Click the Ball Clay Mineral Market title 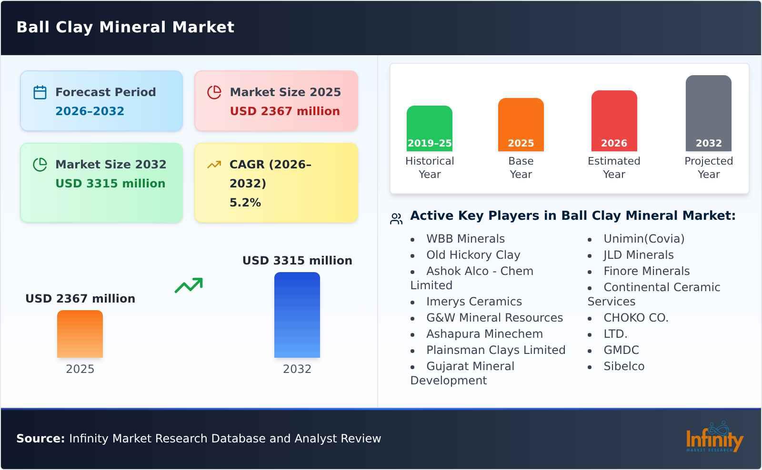[x=125, y=27]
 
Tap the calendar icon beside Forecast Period [x=40, y=92]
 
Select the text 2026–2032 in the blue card [x=90, y=111]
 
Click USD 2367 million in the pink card [x=285, y=111]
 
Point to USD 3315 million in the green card [x=110, y=184]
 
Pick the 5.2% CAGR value [x=245, y=203]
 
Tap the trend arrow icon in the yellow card [x=214, y=165]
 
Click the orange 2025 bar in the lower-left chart [x=80, y=334]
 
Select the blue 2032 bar [x=297, y=315]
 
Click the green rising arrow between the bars [x=189, y=285]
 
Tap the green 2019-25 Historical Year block [x=429, y=128]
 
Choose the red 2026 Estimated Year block [x=614, y=121]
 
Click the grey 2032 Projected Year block [x=708, y=113]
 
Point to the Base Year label [x=521, y=167]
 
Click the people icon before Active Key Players [x=396, y=219]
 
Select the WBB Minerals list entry [x=465, y=239]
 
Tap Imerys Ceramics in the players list [x=474, y=302]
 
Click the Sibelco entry [x=623, y=366]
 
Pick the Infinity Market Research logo [x=714, y=438]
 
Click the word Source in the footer [x=40, y=439]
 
